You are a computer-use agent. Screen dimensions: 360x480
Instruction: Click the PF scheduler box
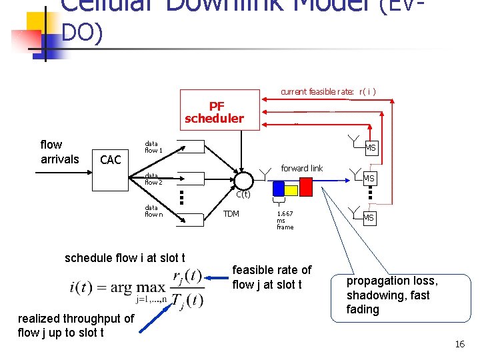click(215, 113)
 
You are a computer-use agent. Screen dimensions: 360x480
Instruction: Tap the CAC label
click(110, 159)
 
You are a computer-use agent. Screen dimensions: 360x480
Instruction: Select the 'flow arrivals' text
click(60, 151)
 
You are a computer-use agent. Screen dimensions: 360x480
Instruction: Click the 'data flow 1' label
click(153, 147)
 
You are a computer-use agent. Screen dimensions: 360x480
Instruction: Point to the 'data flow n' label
click(153, 211)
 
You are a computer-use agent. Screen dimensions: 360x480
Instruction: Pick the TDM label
click(231, 214)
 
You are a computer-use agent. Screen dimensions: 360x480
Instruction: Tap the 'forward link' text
click(301, 168)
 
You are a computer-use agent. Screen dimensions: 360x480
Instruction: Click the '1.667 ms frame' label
click(285, 221)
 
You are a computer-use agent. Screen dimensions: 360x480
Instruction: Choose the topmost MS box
click(371, 147)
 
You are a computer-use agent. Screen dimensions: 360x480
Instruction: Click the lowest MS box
click(369, 218)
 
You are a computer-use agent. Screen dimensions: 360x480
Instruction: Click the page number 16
click(459, 344)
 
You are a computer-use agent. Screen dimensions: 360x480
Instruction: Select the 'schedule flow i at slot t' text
click(125, 257)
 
